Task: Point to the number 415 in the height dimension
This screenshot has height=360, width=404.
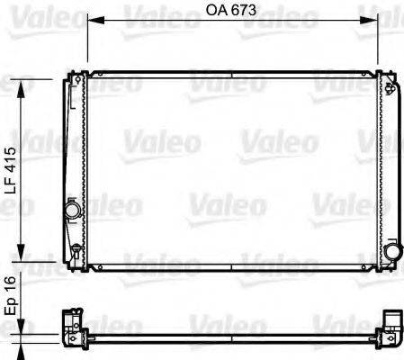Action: (10, 157)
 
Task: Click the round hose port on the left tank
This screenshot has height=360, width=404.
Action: (71, 211)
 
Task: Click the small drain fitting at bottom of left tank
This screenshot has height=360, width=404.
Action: (72, 255)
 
